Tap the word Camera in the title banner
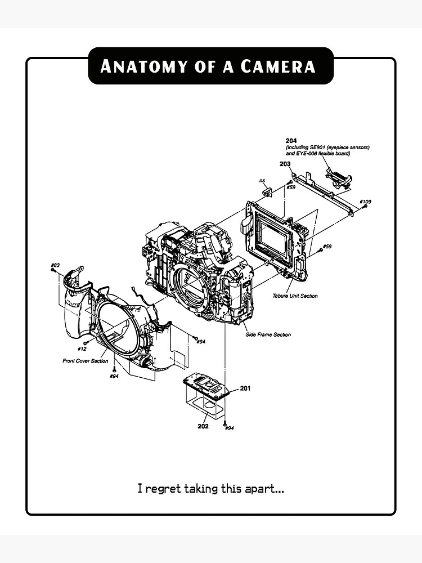click(278, 66)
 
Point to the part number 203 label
click(285, 163)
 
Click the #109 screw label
click(365, 202)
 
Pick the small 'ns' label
click(262, 180)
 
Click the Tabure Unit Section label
click(295, 296)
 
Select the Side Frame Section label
click(268, 335)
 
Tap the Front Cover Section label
click(85, 361)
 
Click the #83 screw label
click(55, 265)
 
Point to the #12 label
click(82, 349)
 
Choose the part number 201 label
click(245, 388)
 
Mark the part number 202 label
click(203, 426)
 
